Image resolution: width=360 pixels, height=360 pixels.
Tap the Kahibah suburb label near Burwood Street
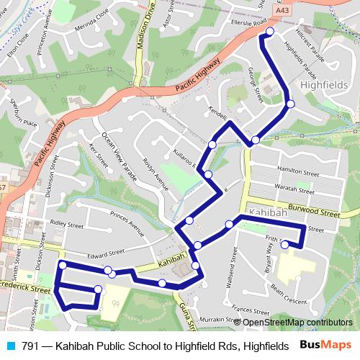[268, 213]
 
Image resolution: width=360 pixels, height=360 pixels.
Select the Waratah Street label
[296, 188]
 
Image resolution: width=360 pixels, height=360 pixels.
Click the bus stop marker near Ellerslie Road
[270, 32]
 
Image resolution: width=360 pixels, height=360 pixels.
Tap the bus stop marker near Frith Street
[284, 245]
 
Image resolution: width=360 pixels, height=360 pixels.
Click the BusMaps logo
[326, 346]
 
